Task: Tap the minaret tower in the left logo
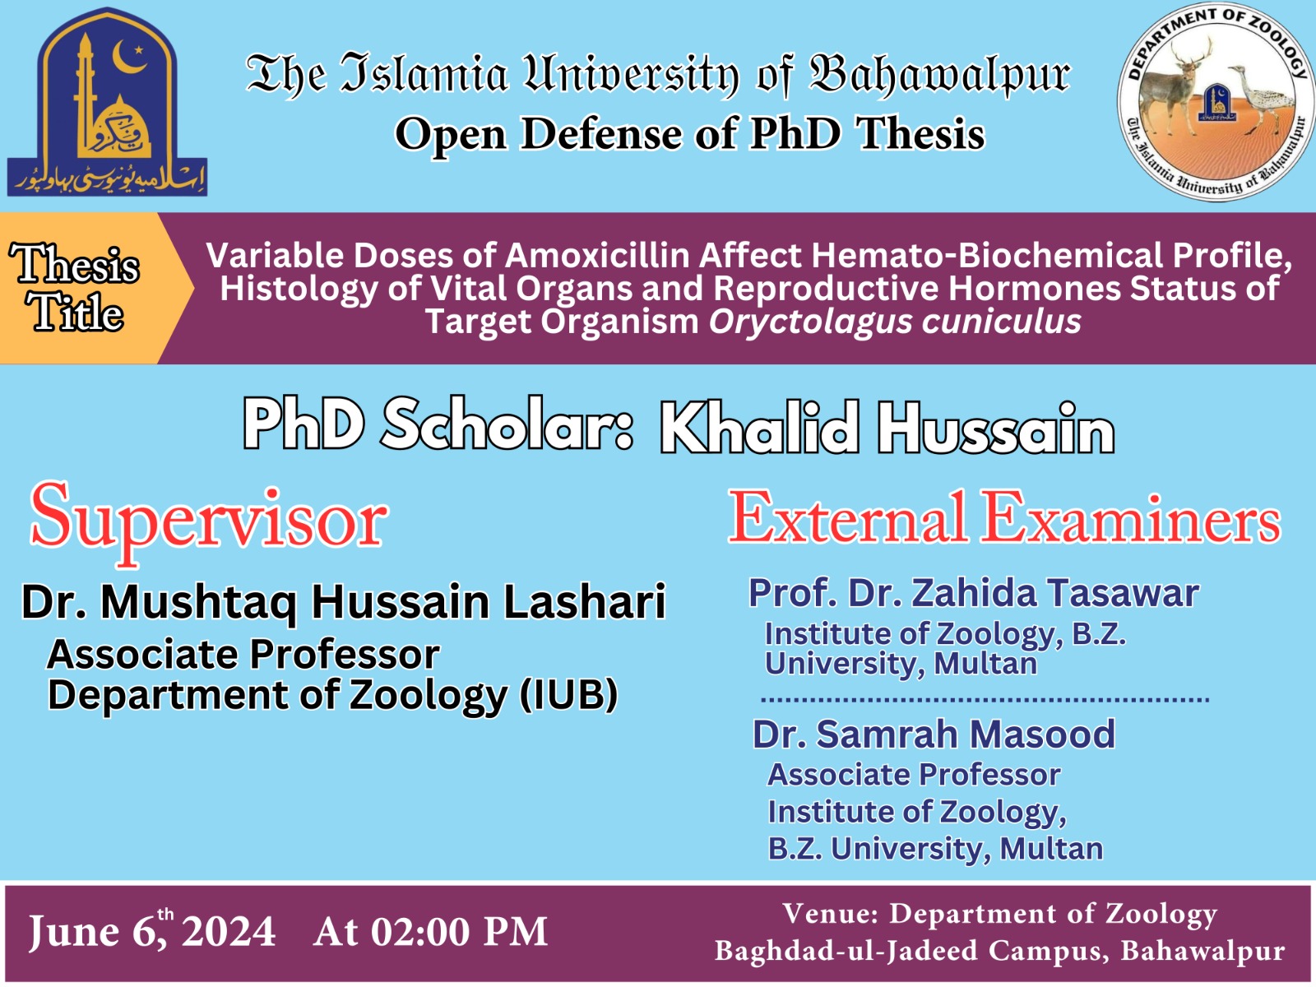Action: pyautogui.click(x=86, y=90)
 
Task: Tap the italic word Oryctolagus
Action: pyautogui.click(x=810, y=322)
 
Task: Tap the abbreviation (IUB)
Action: pyautogui.click(x=568, y=695)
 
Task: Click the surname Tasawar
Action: pyautogui.click(x=1124, y=593)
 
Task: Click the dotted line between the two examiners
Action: pyautogui.click(x=985, y=699)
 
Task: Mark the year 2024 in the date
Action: pyautogui.click(x=229, y=933)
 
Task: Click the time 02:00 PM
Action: pyautogui.click(x=459, y=933)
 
